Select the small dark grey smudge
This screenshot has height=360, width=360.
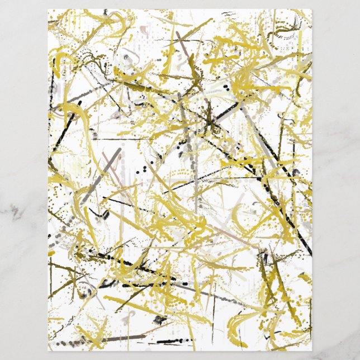(x=160, y=319)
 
